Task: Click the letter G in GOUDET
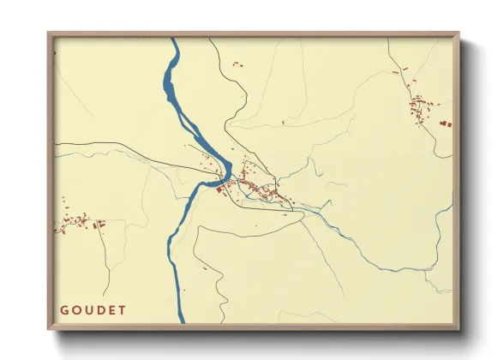[64, 309]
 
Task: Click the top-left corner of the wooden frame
[49, 33]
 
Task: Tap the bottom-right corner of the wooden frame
[459, 328]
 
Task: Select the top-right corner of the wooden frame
[459, 33]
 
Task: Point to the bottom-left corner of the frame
[49, 328]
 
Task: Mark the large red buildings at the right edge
[446, 124]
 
